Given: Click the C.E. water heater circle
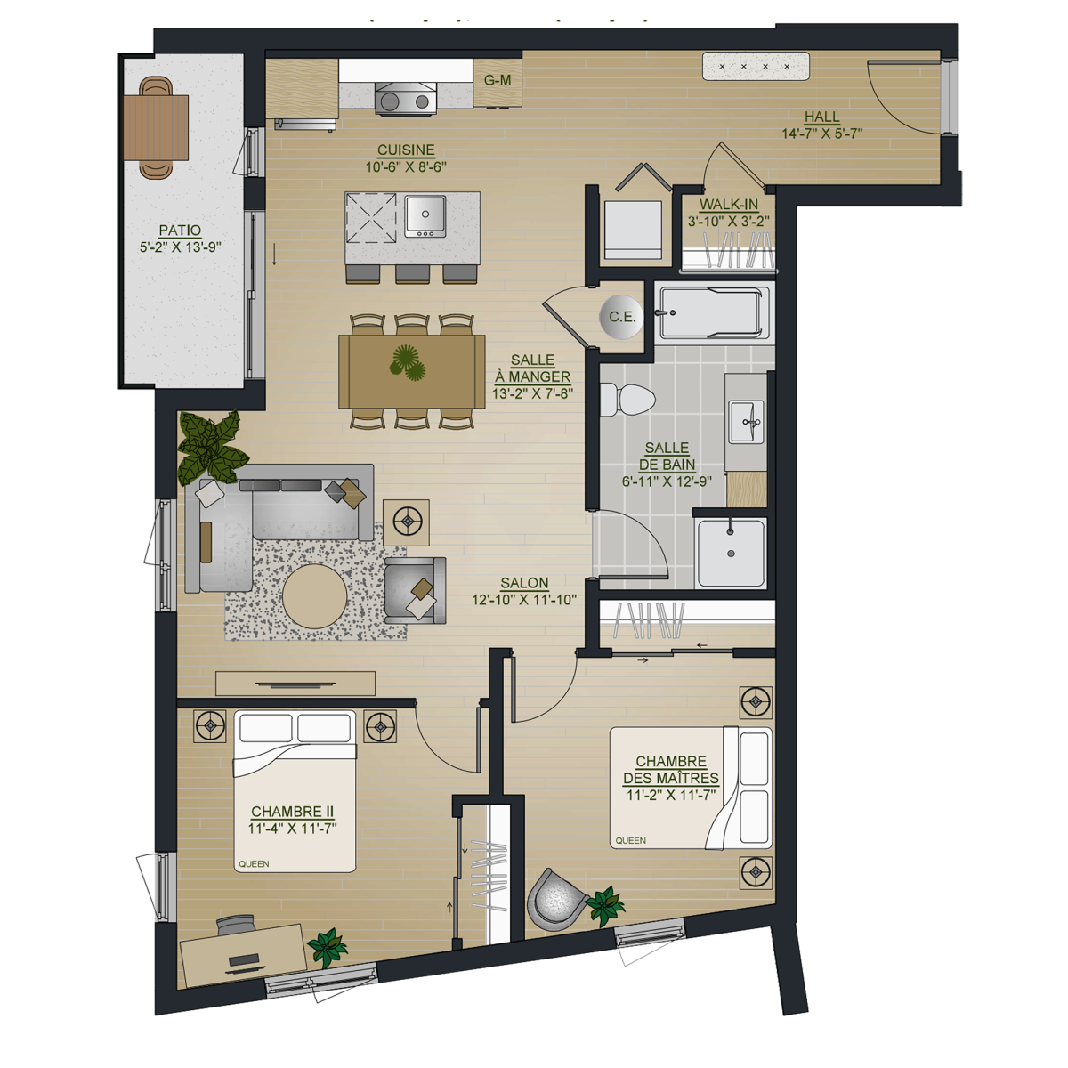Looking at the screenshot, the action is [x=621, y=317].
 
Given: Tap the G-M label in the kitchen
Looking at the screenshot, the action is [x=498, y=80].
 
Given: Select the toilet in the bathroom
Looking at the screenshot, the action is [x=627, y=399].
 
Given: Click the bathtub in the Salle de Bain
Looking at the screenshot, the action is [x=714, y=312].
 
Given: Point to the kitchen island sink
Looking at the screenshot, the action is [x=425, y=215].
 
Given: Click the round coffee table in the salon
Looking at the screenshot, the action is [x=315, y=596].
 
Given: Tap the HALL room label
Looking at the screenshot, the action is [x=822, y=117].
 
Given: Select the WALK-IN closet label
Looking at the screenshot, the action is [x=729, y=204].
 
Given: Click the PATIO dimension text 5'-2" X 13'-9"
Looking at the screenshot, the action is [x=180, y=247].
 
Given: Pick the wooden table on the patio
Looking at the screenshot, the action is [x=156, y=127].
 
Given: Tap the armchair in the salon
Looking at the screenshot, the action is [x=415, y=590].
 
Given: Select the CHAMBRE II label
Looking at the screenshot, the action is [x=292, y=812].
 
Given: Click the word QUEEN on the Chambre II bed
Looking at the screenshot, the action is [x=254, y=863].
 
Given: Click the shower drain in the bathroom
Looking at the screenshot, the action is [x=731, y=553].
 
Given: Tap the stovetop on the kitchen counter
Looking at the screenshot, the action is [x=405, y=99].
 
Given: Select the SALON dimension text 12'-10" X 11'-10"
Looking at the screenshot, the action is [x=524, y=600].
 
